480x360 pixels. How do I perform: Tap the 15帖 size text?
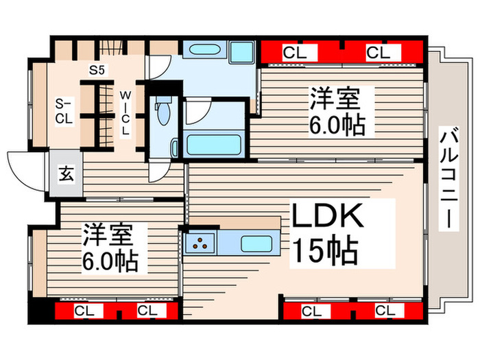[x=325, y=251]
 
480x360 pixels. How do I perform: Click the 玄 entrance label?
[x=66, y=175]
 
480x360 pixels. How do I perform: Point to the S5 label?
[x=97, y=69]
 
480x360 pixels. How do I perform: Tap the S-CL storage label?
[x=64, y=110]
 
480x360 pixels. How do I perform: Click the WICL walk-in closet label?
[x=125, y=112]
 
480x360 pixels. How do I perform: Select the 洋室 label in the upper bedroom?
[x=334, y=98]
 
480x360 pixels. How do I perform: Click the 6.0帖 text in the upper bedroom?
[x=336, y=125]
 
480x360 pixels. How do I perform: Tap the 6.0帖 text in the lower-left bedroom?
[x=110, y=261]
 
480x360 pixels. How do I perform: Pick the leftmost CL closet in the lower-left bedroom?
[x=84, y=311]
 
